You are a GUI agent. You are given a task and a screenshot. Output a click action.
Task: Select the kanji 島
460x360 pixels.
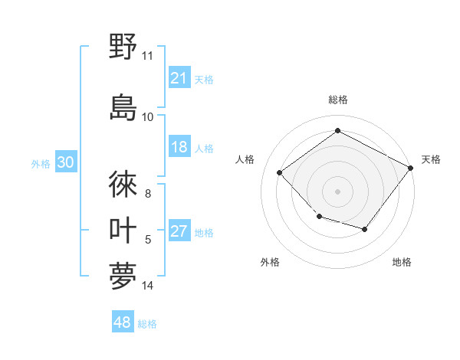tap(123, 106)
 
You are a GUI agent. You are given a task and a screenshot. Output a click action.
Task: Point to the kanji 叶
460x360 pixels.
tap(123, 231)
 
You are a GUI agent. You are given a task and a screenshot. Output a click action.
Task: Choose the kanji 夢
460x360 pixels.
tap(123, 277)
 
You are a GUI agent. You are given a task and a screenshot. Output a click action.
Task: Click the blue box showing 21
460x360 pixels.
tap(179, 78)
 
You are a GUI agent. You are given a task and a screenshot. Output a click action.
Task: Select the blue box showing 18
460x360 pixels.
tap(179, 147)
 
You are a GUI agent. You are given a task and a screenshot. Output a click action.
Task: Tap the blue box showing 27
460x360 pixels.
tap(179, 231)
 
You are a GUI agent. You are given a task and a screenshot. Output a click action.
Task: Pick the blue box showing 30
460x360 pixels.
tap(65, 162)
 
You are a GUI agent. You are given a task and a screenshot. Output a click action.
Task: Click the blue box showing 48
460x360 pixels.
tap(123, 322)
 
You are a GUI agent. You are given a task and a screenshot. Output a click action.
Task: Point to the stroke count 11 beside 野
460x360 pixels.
tap(148, 56)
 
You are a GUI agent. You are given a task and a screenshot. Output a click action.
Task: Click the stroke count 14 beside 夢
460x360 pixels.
tap(148, 286)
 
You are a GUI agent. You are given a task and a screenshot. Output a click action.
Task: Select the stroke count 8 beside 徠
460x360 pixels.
tap(148, 193)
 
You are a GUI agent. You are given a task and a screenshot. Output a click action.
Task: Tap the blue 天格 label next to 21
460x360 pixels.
tap(204, 79)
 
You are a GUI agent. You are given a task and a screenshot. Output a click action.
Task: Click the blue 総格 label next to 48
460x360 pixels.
tap(147, 324)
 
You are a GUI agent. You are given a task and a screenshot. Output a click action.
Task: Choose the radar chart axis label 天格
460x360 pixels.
tap(431, 159)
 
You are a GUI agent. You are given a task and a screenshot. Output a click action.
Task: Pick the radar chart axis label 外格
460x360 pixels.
tap(270, 262)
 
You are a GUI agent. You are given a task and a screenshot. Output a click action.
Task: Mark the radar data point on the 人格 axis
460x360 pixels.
tap(280, 173)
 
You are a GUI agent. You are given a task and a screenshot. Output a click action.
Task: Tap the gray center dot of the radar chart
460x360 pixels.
tap(337, 191)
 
